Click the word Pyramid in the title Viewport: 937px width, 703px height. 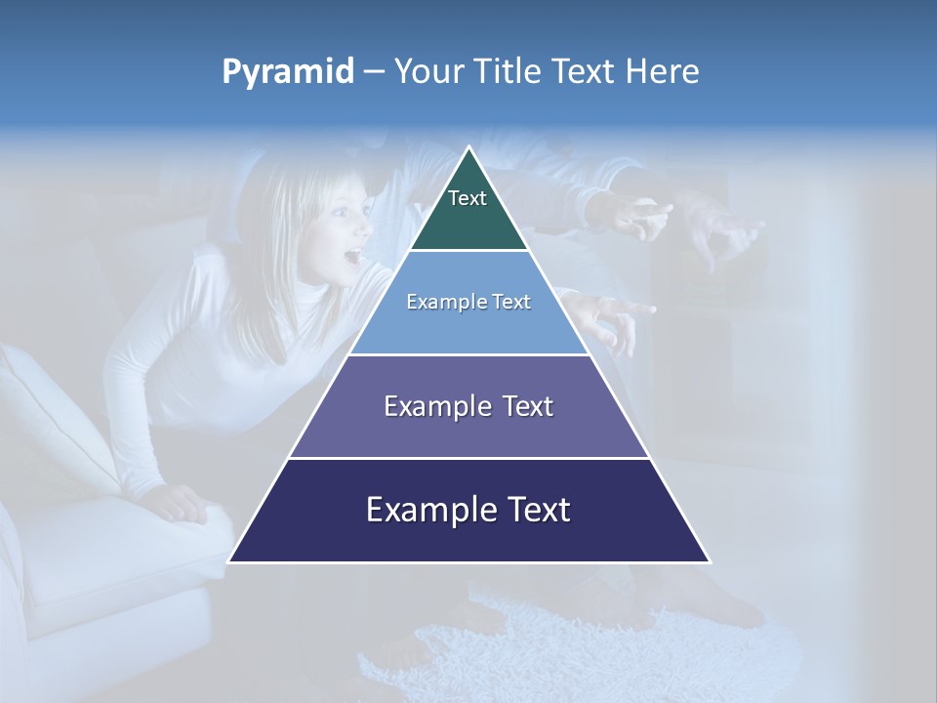point(288,72)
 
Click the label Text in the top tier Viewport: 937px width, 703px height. point(468,198)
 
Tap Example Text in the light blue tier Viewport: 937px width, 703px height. point(468,302)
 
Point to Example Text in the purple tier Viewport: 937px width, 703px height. point(468,406)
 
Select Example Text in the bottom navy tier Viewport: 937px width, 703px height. point(468,510)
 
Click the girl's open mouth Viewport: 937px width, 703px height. point(352,259)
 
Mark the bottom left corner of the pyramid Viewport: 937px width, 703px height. point(230,561)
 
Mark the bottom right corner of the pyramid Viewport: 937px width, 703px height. point(709,561)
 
